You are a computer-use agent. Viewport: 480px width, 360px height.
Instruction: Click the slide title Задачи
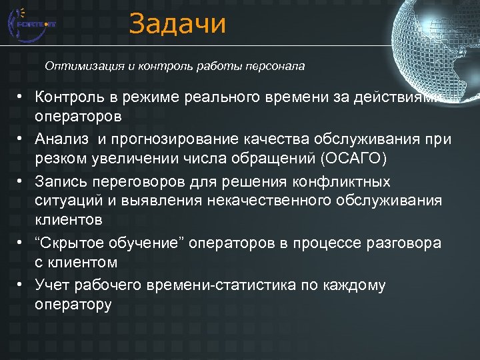pyautogui.click(x=177, y=24)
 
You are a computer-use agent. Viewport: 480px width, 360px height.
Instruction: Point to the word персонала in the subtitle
pyautogui.click(x=275, y=66)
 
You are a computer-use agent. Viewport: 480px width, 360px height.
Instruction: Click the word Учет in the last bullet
pyautogui.click(x=52, y=285)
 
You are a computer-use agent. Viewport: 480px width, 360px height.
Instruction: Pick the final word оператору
pyautogui.click(x=73, y=305)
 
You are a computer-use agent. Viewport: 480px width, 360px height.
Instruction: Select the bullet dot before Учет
pyautogui.click(x=22, y=285)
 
